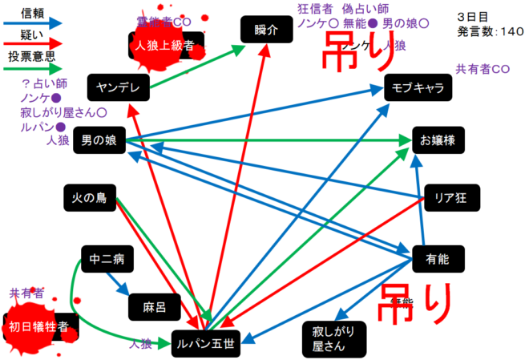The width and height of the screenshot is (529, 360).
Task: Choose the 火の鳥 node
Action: [x=90, y=198]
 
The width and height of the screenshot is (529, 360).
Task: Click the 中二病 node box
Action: [x=107, y=260]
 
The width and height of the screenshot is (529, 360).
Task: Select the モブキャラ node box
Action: [x=418, y=88]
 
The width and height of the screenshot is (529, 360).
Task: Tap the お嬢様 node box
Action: [x=438, y=140]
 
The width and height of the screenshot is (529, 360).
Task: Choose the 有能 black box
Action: [x=437, y=258]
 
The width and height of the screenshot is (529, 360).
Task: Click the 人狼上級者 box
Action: [x=165, y=47]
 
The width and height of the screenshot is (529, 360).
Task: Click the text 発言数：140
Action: [x=491, y=31]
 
